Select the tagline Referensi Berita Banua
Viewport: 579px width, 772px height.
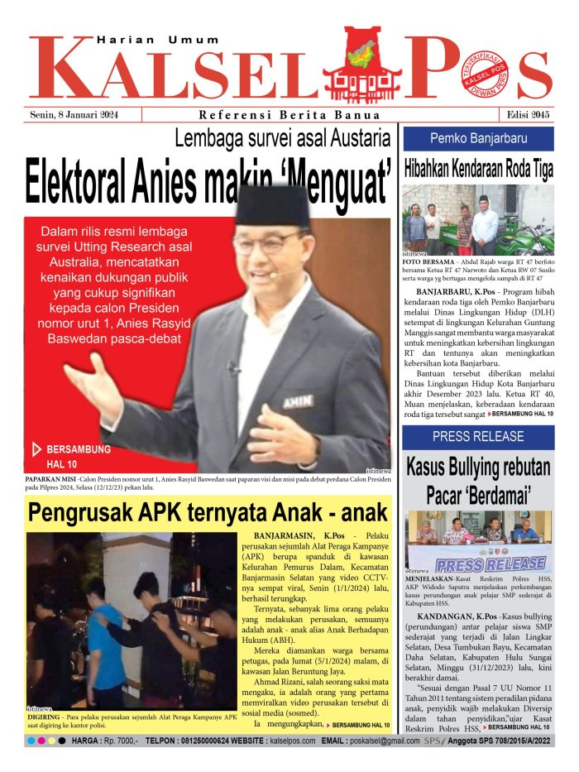pos(289,115)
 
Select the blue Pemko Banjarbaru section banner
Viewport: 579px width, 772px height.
pos(478,138)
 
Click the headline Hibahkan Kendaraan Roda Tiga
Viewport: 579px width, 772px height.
pos(478,169)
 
